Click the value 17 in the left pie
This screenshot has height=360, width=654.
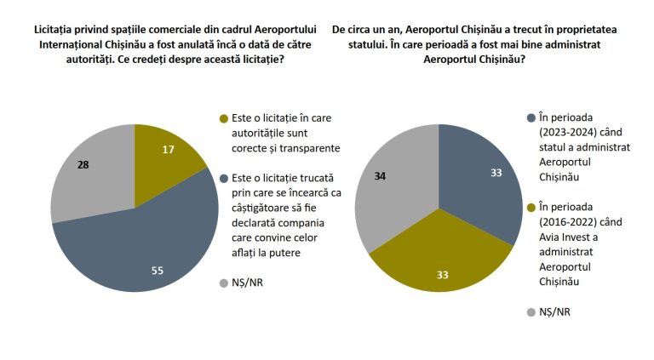coord(168,150)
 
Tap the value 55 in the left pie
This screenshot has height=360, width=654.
coord(158,271)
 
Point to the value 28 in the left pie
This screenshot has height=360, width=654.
coord(83,165)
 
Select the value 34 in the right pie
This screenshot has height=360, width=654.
coord(380,176)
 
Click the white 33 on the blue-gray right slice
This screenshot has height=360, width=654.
coord(496,173)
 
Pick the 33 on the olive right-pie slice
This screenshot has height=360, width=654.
coord(443,275)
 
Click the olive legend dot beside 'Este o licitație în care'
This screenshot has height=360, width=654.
coord(224,119)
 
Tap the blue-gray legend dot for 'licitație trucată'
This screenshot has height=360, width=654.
coord(224,179)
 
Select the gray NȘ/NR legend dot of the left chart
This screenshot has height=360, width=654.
coord(224,283)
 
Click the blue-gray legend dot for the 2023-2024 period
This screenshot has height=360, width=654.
coord(531,118)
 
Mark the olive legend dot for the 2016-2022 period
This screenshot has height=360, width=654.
coord(531,208)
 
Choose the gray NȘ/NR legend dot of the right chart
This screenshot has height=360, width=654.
coord(531,312)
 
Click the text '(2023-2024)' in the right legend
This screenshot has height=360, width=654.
coord(568,133)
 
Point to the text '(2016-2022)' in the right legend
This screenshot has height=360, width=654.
coord(568,222)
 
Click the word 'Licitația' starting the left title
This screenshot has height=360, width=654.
coord(53,30)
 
